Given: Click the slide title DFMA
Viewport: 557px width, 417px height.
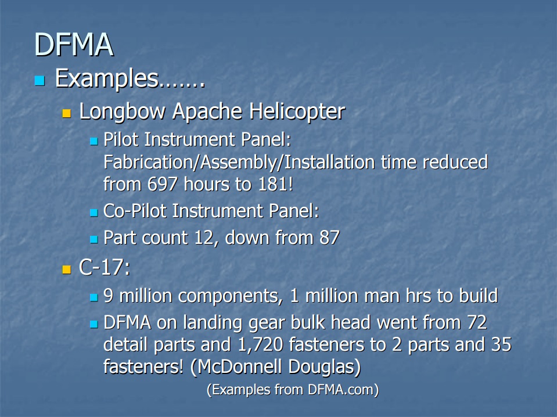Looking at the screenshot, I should pos(73,45).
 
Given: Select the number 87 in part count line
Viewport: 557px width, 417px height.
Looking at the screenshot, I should pos(329,238).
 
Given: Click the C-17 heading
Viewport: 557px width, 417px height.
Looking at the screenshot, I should pos(105,268).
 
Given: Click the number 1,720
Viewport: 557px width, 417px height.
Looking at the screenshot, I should pos(262,344).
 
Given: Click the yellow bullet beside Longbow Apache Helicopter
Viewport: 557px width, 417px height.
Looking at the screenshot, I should pos(67,112).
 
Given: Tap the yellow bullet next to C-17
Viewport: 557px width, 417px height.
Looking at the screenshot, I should pos(67,269).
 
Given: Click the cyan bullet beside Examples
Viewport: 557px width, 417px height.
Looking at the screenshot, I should pos(39,80).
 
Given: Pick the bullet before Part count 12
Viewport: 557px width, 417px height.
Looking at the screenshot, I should pos(94,239).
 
